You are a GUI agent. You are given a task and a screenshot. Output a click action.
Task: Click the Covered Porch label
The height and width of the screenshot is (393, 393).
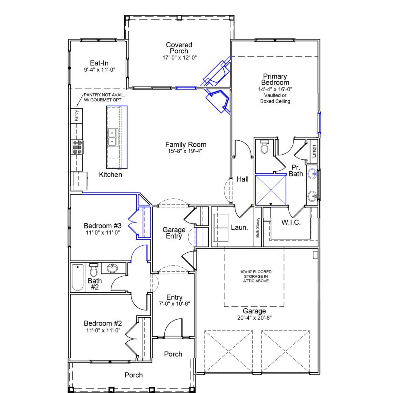click(179, 48)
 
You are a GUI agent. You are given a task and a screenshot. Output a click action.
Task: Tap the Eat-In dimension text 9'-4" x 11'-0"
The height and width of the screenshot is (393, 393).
click(99, 70)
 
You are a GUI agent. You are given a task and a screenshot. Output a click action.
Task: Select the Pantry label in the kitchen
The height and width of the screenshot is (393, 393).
click(77, 115)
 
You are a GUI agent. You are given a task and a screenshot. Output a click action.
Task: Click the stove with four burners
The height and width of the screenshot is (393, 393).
click(77, 147)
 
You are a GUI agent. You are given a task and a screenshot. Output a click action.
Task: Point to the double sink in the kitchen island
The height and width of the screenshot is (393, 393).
click(112, 137)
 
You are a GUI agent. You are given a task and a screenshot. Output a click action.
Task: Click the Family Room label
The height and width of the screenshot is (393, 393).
click(185, 145)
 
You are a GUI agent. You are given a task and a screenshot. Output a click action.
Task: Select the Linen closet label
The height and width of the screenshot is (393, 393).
click(313, 151)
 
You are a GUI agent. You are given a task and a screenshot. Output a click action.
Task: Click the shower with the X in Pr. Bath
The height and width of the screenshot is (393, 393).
click(271, 190)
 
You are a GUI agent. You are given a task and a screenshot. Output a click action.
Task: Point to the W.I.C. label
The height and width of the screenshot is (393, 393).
click(291, 223)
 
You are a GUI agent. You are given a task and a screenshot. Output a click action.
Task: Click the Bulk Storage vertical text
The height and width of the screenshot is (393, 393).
click(258, 228)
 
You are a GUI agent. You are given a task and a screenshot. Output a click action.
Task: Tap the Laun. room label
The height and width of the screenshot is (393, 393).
click(239, 228)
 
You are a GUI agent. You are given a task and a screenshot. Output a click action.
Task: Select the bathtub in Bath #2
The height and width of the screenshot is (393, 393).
click(78, 278)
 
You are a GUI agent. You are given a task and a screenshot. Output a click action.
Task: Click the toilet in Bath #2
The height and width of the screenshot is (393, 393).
click(93, 270)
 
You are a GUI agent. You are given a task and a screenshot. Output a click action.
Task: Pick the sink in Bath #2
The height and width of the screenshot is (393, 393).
click(112, 268)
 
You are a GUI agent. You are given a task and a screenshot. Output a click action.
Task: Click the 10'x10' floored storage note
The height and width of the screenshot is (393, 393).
click(255, 276)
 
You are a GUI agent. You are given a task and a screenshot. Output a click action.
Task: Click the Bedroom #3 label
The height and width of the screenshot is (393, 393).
click(103, 226)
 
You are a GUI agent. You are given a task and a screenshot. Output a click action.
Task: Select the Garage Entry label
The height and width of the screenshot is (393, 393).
click(174, 233)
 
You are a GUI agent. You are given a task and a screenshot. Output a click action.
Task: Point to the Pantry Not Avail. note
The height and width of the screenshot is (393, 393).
click(103, 97)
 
